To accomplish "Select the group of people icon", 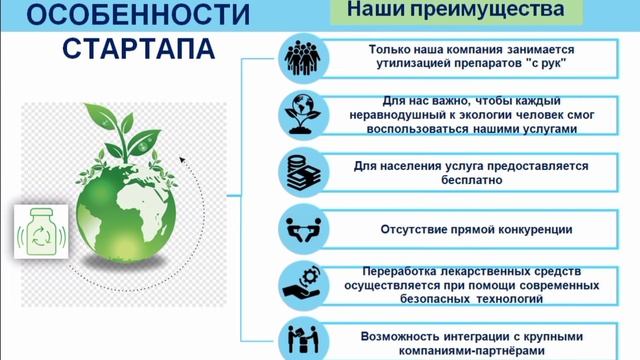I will (x=299, y=56).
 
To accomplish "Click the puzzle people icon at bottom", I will (x=299, y=337).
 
